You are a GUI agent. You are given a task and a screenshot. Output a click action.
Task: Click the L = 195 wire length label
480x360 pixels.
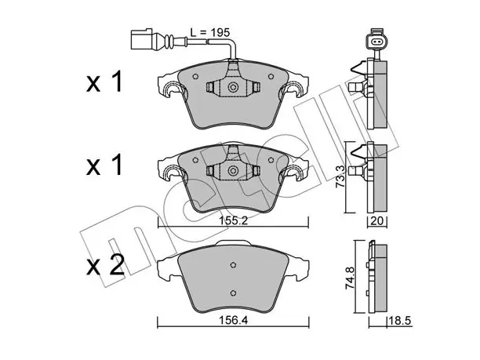pyautogui.click(x=209, y=32)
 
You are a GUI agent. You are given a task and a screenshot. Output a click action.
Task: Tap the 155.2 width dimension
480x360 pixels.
pyautogui.click(x=233, y=220)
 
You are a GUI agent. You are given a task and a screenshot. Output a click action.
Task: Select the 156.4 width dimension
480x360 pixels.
pyautogui.click(x=233, y=321)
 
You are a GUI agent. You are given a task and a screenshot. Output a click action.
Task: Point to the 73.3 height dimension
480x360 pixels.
pyautogui.click(x=340, y=177)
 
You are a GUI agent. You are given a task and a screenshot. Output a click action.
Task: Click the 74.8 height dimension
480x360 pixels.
pyautogui.click(x=350, y=278)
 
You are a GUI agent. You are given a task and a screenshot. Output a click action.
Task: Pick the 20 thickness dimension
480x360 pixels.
pyautogui.click(x=376, y=221)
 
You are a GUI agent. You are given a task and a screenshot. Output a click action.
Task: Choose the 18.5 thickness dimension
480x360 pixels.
pyautogui.click(x=400, y=321)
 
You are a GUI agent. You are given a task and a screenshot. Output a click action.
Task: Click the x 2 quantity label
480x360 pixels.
pyautogui.click(x=105, y=266)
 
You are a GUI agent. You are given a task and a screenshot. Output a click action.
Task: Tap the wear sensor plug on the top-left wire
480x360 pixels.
pyautogui.click(x=142, y=39)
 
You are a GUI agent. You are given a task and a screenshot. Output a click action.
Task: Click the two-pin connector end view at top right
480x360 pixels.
pyautogui.click(x=376, y=40)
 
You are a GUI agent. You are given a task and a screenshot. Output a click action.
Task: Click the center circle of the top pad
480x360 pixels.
pyautogui.click(x=233, y=88)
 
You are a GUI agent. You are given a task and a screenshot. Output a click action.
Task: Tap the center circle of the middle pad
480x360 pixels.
pyautogui.click(x=233, y=171)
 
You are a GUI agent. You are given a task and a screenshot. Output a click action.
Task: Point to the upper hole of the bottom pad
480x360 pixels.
pyautogui.click(x=233, y=265)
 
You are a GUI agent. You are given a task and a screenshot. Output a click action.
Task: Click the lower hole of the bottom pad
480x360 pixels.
pyautogui.click(x=233, y=293)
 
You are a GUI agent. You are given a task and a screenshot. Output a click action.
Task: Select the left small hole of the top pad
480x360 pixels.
pyautogui.click(x=195, y=77)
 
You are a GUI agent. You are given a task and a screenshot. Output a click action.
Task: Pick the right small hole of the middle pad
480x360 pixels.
pyautogui.click(x=271, y=160)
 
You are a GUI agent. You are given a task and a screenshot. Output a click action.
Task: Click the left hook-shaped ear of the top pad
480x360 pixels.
pyautogui.click(x=173, y=89)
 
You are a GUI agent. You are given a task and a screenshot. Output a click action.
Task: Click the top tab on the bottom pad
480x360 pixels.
pyautogui.click(x=233, y=243)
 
